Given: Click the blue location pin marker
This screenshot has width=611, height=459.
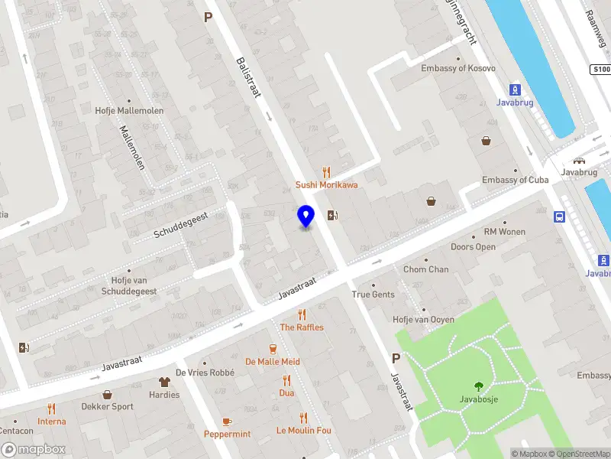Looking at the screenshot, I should pos(305,216).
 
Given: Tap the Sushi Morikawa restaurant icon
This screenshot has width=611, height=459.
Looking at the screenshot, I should pos(327,172).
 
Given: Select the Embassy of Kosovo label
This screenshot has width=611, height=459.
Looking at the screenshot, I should pos(458,69).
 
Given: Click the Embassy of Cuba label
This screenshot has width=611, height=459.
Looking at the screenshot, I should pos(515,180).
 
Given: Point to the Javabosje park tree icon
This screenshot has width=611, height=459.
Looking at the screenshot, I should pos(479,386).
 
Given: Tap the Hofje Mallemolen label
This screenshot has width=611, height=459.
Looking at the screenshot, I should pos(129,110).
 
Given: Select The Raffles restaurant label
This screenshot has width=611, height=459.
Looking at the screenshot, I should pos(302,327).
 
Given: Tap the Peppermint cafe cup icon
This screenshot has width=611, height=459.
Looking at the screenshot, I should pos(227,422).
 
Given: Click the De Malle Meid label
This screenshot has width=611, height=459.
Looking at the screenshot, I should pos(273,362).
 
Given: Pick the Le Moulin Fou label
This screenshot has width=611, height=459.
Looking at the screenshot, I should pos(304,431).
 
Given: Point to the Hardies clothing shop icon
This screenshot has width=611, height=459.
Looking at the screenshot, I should pos(164,382).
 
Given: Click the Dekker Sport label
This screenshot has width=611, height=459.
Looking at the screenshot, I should pos(107,407).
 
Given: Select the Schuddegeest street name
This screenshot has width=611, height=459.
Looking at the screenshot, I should pos(180,223).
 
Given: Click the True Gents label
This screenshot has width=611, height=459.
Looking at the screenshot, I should pos(373,295).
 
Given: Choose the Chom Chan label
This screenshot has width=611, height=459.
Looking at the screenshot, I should pos(426,269).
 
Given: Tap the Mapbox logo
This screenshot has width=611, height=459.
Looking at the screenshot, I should pos(34,450).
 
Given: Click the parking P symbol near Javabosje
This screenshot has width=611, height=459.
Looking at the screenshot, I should pos(396,358).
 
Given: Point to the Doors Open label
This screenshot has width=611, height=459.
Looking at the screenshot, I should pos(473,247).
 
